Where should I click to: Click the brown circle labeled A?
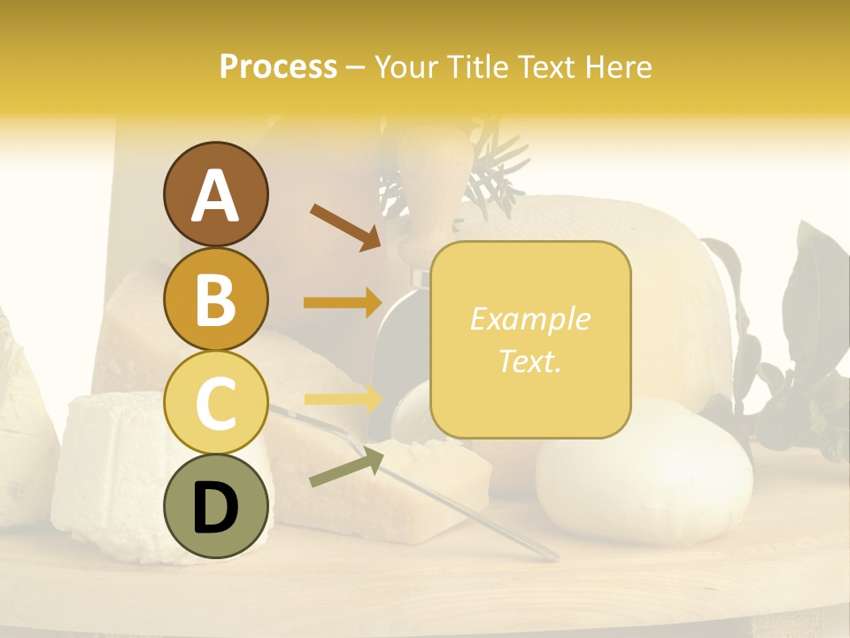(x=215, y=195)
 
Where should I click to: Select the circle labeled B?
(x=215, y=299)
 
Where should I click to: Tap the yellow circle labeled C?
(x=215, y=402)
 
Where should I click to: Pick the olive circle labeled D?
(x=215, y=506)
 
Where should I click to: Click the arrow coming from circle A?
(x=345, y=225)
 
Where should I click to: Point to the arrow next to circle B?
(x=343, y=302)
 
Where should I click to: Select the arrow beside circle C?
(x=343, y=400)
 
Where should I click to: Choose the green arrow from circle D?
(x=346, y=468)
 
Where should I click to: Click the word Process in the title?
(x=278, y=66)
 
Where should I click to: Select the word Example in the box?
(x=529, y=319)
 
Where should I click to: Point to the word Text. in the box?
(x=529, y=361)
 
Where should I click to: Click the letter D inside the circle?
(x=215, y=507)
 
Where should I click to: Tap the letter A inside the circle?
(x=215, y=196)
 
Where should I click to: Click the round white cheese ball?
(x=644, y=473)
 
